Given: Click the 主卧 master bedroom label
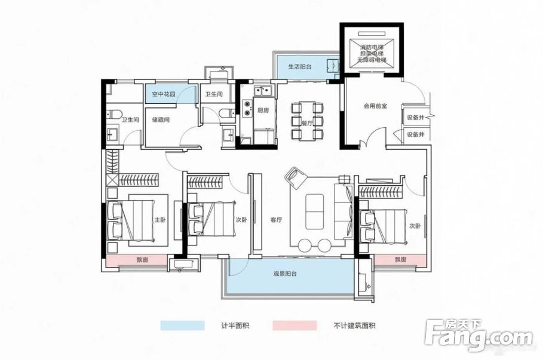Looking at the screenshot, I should [161, 219].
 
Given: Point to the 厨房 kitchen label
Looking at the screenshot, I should [263, 110].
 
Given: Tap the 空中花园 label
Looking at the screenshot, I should [163, 94].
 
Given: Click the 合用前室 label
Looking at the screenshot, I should [375, 106].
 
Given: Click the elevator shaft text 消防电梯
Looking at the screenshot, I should [372, 47].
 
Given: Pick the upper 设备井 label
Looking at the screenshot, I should [416, 118].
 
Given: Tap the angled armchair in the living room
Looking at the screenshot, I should [297, 177].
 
